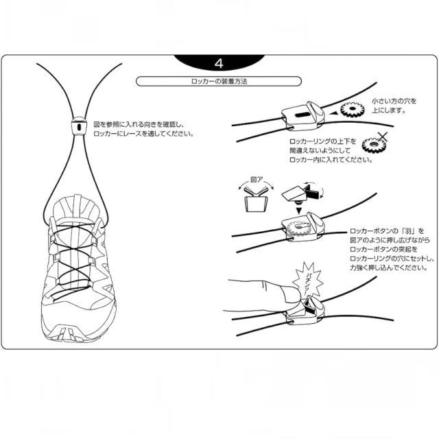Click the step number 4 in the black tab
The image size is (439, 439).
[219, 63]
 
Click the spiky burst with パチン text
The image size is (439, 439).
[307, 278]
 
